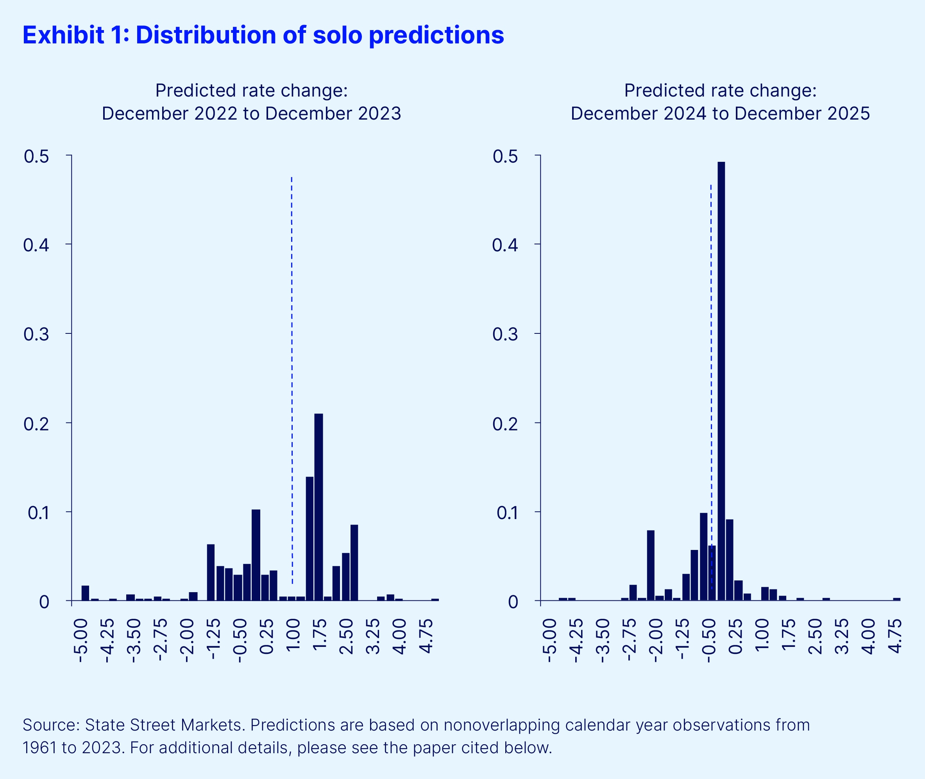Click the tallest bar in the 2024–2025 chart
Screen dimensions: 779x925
coord(721,380)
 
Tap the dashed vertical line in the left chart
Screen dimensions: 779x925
coord(292,353)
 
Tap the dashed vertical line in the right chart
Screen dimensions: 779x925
coord(711,353)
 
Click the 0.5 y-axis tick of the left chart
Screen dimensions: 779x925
coord(36,156)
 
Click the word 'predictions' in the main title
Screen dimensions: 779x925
coord(436,35)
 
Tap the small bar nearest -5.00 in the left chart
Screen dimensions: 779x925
coord(85,593)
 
